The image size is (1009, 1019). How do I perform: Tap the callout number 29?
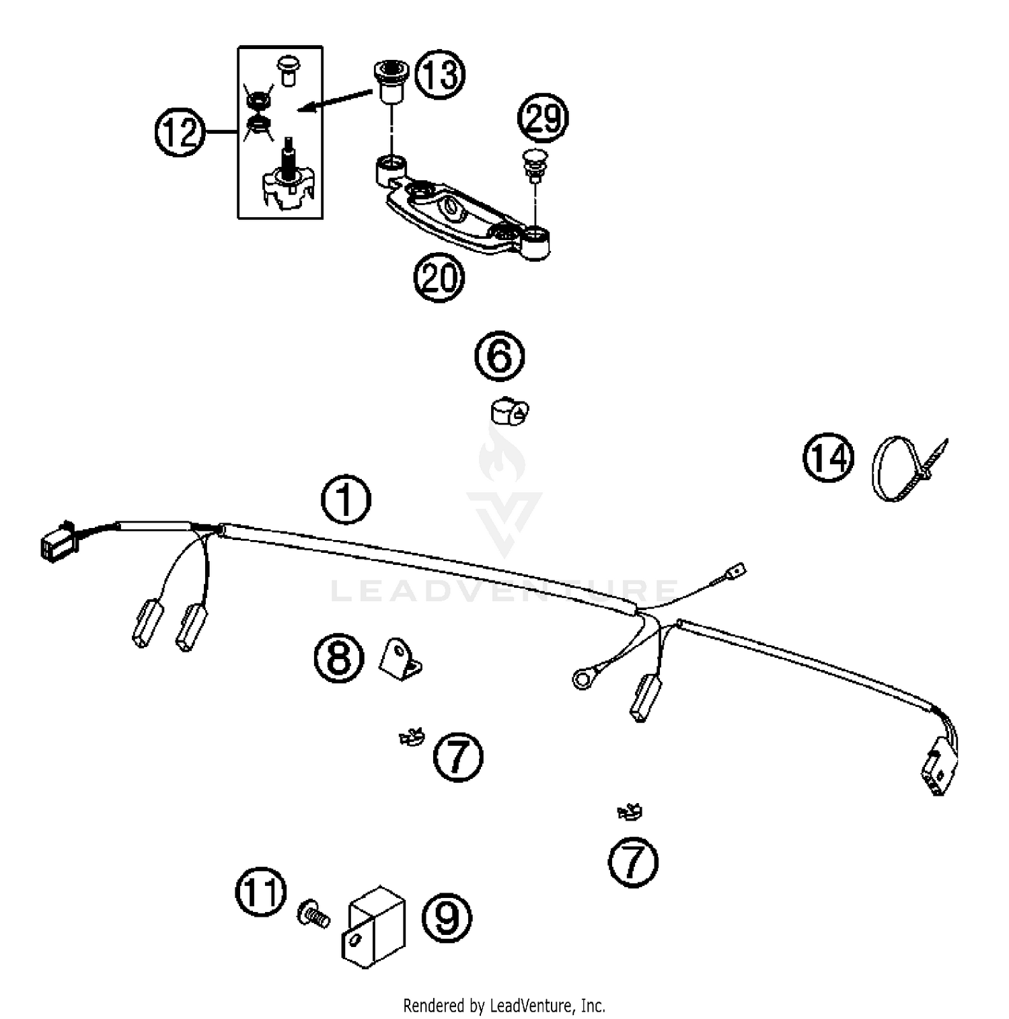coord(543,118)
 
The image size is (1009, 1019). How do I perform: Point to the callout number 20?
coord(439,277)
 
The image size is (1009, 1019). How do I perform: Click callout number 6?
coord(500,356)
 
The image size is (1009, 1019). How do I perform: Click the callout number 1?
coord(346,500)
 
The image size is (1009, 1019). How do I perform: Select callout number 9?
coord(447,917)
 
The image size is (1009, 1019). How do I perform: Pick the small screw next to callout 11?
coord(313,913)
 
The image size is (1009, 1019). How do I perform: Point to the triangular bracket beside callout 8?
coord(401,660)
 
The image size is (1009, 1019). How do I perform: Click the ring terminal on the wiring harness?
coord(581,679)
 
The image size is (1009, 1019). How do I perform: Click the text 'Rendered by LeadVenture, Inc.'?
coord(504,1006)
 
